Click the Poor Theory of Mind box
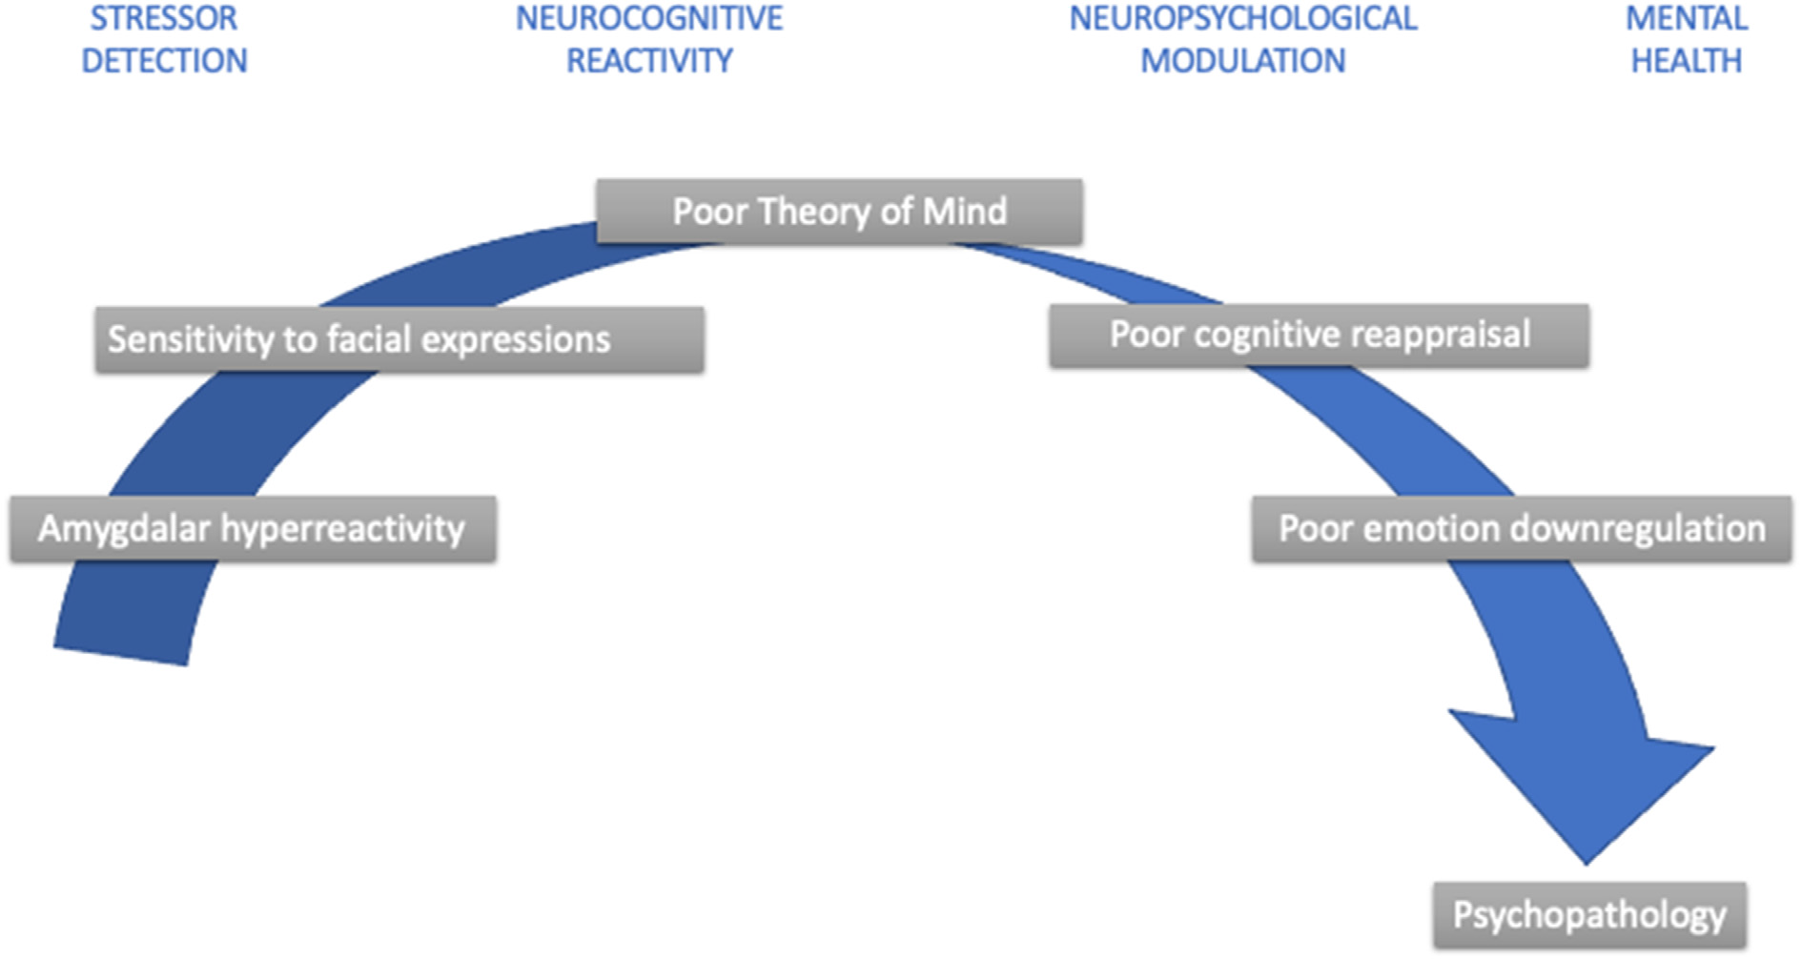point(839,212)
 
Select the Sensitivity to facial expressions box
point(399,339)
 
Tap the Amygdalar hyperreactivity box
point(253,528)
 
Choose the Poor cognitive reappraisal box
point(1319,336)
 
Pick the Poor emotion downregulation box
point(1521,528)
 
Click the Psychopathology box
point(1589,915)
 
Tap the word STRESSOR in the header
point(164,19)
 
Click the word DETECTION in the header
point(164,61)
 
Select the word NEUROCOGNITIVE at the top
point(649,19)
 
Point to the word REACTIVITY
point(649,61)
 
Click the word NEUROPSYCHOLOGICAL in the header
point(1242,19)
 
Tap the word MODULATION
point(1242,61)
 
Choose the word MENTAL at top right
point(1686,19)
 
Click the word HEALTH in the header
point(1686,61)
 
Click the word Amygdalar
point(124,528)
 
